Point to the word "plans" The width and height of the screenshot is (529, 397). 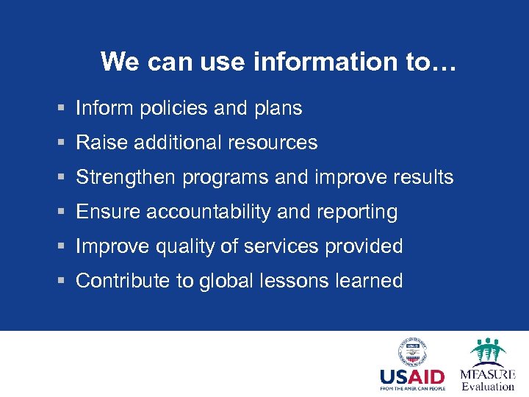click(278, 109)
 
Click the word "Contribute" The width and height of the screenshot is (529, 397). click(123, 281)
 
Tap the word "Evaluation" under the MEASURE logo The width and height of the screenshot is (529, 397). click(488, 386)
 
